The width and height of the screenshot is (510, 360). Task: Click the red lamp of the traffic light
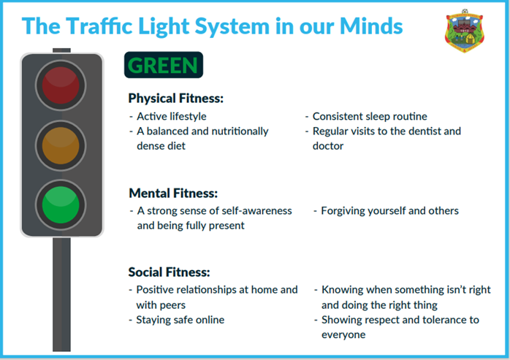61,85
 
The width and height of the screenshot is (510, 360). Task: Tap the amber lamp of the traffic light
61,145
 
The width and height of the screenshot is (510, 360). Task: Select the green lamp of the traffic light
61,205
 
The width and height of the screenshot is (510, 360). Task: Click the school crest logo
465,31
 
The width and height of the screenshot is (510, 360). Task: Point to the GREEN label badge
164,65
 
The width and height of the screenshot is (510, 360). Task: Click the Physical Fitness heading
176,98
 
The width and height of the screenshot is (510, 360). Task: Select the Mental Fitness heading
173,194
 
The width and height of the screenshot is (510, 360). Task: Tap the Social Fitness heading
169,272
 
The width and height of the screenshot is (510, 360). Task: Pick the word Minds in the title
371,26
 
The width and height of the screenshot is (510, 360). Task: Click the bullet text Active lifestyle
172,116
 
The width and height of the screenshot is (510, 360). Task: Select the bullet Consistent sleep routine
370,116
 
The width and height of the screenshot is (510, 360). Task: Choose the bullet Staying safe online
180,320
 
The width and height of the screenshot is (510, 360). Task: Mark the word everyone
343,335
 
